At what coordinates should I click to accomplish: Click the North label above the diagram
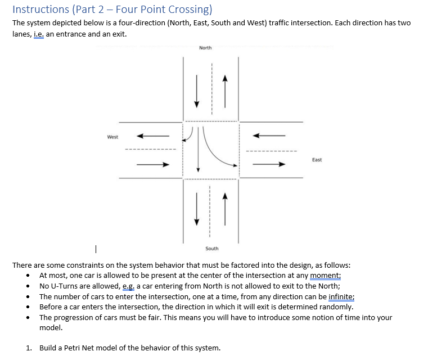coord(205,48)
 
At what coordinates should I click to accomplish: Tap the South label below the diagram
coord(212,248)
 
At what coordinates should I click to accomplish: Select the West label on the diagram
coord(112,137)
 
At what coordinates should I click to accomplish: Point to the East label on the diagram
coord(317,160)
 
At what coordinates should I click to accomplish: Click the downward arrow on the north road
coord(197,91)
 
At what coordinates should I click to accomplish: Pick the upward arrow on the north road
coord(225,91)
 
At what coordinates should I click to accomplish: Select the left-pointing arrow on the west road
coord(153,136)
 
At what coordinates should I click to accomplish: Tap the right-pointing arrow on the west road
coord(153,165)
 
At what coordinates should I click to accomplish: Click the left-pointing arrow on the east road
coord(269,136)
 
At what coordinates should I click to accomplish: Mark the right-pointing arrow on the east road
coord(269,165)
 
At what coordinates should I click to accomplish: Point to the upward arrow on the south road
coord(225,208)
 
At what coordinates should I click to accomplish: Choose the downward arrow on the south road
coord(197,208)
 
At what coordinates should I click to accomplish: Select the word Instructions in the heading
coord(40,10)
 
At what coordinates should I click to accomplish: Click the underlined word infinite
coord(341,296)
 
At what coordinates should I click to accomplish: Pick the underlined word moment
coord(326,275)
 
